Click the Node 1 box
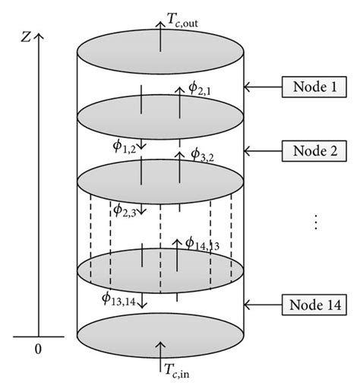(312, 87)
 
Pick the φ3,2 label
(204, 156)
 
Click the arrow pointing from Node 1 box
(262, 87)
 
